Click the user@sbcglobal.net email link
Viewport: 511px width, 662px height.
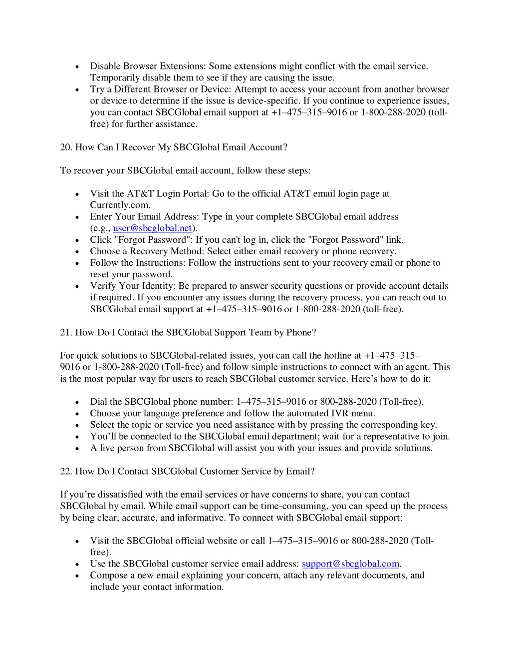click(x=153, y=228)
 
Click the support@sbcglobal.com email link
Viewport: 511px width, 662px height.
click(x=350, y=564)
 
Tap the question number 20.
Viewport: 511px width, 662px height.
click(x=66, y=147)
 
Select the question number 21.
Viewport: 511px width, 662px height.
click(x=66, y=333)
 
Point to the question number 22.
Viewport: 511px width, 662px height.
click(x=66, y=472)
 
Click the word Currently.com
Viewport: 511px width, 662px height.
click(x=120, y=205)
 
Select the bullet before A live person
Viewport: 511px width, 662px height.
click(x=77, y=449)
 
